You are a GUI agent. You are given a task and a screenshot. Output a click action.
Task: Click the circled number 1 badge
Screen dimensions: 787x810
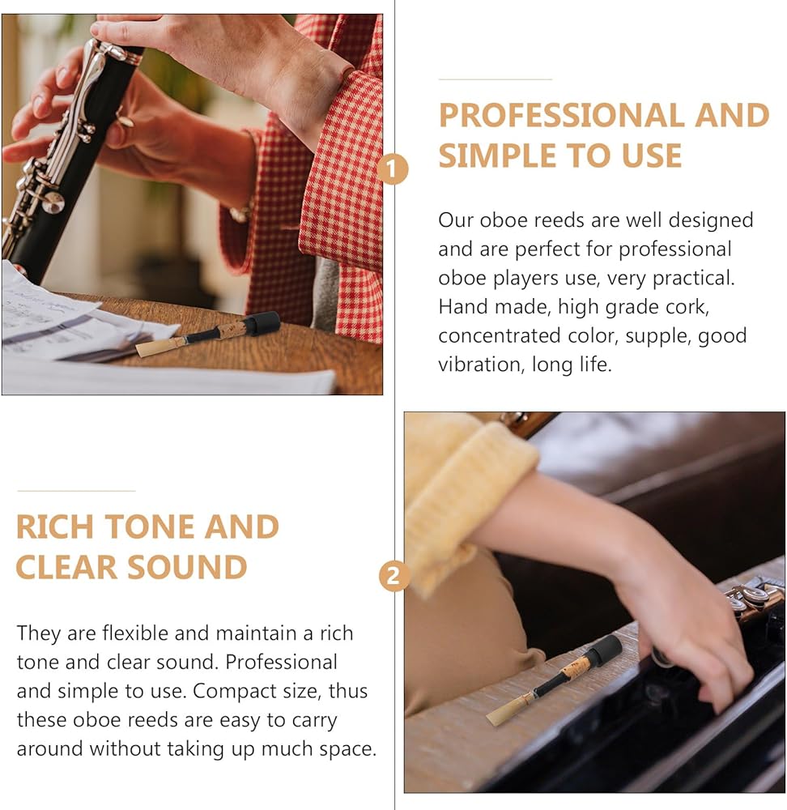click(393, 169)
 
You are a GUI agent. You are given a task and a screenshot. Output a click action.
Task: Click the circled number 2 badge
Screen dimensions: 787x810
click(393, 576)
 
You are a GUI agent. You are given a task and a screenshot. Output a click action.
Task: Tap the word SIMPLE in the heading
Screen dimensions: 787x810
click(498, 156)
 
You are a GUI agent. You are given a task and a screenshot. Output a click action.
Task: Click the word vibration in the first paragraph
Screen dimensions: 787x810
click(477, 364)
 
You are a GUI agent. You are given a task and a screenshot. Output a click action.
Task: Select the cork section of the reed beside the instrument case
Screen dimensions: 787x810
click(577, 667)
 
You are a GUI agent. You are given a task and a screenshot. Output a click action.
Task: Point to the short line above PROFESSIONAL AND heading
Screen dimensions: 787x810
click(496, 79)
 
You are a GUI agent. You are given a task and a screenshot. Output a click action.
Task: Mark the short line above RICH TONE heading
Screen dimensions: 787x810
click(76, 491)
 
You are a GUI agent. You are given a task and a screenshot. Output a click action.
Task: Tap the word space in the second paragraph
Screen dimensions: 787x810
click(348, 750)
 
